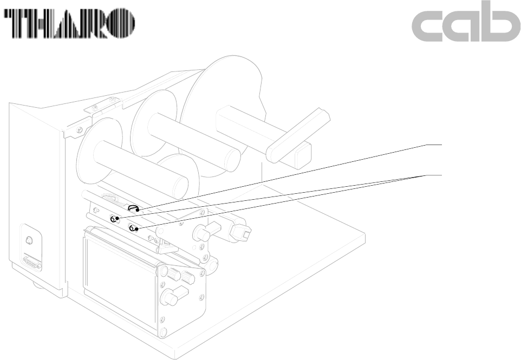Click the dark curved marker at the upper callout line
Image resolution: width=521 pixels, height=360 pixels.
click(x=133, y=207)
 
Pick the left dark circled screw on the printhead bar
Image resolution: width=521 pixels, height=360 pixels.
click(x=114, y=219)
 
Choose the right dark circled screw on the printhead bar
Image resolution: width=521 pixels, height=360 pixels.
click(x=133, y=228)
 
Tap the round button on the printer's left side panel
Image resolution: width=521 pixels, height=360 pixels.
click(x=30, y=240)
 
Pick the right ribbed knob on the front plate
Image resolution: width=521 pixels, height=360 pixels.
click(x=189, y=278)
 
